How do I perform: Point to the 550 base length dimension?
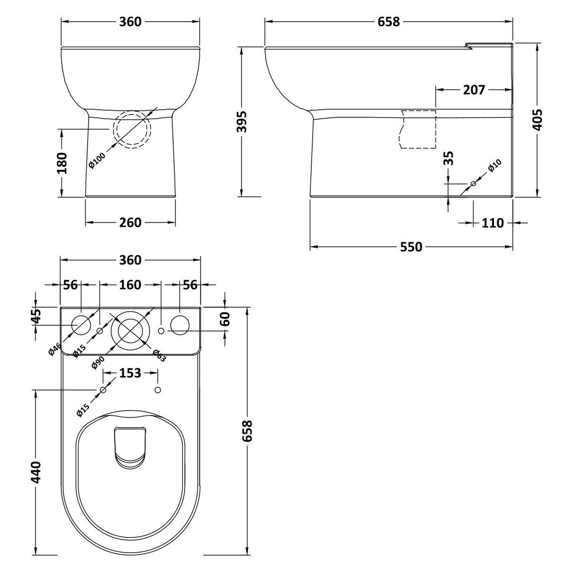411,247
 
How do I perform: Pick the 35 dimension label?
448,158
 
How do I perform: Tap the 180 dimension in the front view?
62,163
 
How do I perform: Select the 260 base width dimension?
130,222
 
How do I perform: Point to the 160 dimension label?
130,285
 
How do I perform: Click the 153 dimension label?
130,373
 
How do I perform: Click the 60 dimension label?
226,318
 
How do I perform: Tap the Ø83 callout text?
159,356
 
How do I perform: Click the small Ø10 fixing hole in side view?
473,184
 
